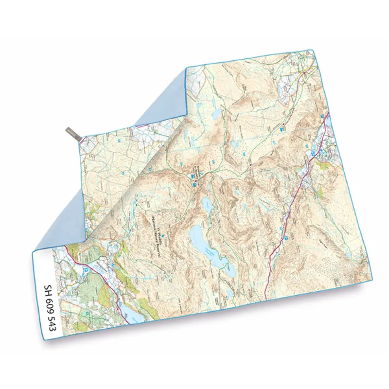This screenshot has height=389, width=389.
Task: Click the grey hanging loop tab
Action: [73, 135]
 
